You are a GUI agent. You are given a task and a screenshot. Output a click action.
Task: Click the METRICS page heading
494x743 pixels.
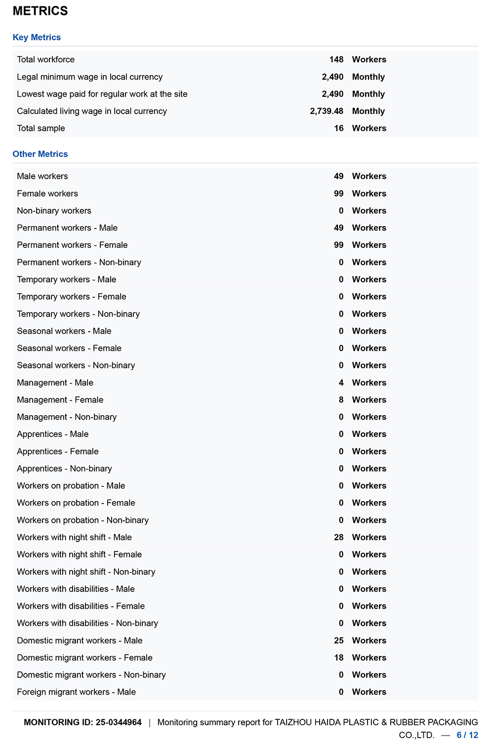coord(40,11)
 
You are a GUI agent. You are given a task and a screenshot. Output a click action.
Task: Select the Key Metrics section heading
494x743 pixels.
coord(37,38)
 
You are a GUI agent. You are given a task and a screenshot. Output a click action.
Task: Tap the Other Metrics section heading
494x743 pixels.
coord(40,154)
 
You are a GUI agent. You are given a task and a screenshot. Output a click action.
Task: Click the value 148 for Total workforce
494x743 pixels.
coord(336,60)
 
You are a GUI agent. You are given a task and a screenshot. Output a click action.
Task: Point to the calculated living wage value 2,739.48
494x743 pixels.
coord(327,111)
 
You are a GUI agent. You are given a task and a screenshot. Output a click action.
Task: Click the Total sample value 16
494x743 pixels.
coord(338,128)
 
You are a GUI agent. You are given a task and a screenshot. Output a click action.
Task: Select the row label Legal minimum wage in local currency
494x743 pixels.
coord(89,77)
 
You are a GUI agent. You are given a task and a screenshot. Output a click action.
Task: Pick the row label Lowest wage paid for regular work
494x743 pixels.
coord(102,94)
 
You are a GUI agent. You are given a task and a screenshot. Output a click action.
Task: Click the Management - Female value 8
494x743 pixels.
coord(341,400)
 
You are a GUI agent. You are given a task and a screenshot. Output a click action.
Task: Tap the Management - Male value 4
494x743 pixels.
coord(341,383)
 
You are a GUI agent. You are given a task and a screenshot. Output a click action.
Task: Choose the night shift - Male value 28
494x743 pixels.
coord(338,537)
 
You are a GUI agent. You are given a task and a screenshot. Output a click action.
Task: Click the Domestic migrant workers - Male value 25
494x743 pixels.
coord(338,640)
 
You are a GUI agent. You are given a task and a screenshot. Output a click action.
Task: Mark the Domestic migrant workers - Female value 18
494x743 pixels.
coord(338,658)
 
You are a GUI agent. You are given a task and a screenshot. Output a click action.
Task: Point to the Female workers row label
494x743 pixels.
coord(47,194)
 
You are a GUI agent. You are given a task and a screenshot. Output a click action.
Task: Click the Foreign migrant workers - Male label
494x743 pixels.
coord(76,692)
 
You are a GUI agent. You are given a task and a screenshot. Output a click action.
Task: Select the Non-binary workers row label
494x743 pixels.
coord(54,211)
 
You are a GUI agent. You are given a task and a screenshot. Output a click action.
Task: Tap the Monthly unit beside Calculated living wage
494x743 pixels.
coord(368,111)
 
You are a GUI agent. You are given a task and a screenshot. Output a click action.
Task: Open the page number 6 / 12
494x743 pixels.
coord(467,735)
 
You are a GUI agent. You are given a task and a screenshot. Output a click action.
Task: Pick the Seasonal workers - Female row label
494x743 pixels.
coord(69,348)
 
